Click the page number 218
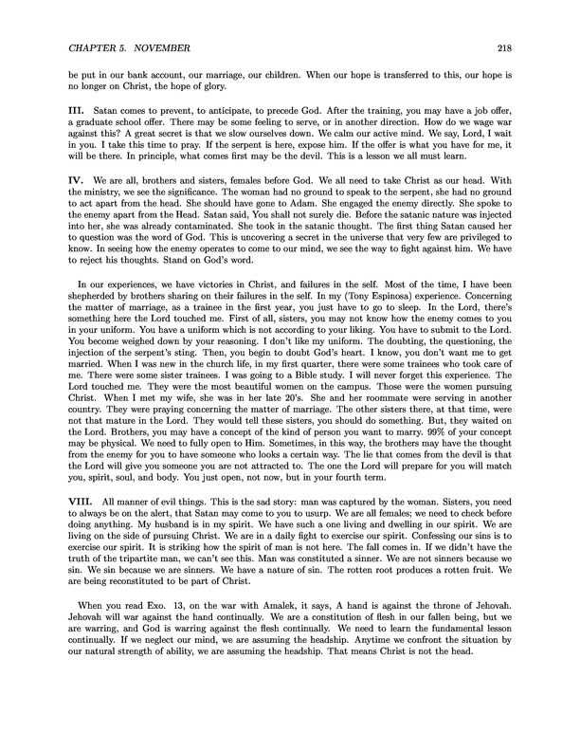[x=502, y=47]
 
